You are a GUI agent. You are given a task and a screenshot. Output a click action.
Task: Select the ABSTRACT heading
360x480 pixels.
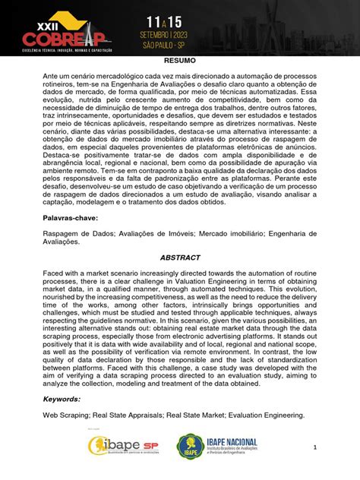click(180, 257)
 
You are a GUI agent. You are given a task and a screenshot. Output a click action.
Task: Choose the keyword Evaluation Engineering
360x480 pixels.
click(267, 415)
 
